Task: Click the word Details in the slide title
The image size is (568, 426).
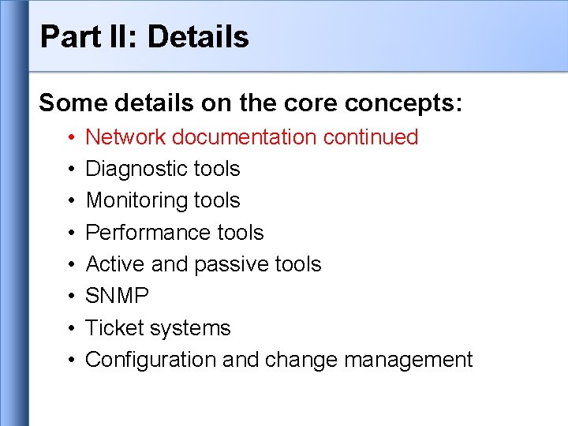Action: click(x=198, y=36)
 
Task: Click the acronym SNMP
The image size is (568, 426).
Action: click(x=118, y=296)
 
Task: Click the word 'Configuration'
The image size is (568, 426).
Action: click(x=151, y=360)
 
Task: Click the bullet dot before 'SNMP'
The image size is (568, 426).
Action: click(x=70, y=297)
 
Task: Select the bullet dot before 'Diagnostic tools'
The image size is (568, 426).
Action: click(x=70, y=170)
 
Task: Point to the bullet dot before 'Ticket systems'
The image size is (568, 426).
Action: click(x=70, y=329)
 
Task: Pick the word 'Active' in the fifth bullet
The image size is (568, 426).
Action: click(x=115, y=264)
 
